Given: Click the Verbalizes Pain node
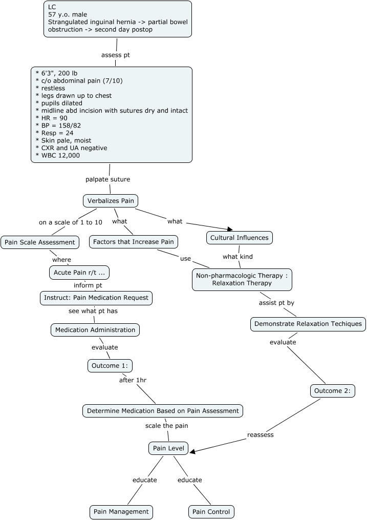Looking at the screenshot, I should (x=111, y=201).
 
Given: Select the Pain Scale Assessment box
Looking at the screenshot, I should (x=40, y=242).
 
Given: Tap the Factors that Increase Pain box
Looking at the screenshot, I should (x=134, y=242).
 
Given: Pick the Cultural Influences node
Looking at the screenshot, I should (x=239, y=238).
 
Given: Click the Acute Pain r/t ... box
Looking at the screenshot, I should (x=79, y=272).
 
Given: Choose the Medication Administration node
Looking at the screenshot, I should (x=95, y=330).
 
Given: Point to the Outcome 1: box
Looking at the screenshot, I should (x=110, y=366).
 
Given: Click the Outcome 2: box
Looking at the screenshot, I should (x=332, y=391).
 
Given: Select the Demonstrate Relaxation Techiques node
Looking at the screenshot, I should (x=308, y=324).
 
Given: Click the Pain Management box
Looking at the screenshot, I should (x=121, y=511).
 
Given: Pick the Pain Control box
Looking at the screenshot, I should (x=211, y=511).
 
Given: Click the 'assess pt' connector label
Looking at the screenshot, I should (x=116, y=55).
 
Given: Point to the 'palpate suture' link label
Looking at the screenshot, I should (x=107, y=179).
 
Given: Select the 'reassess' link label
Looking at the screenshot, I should (x=261, y=435).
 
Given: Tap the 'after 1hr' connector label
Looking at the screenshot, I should (x=133, y=380).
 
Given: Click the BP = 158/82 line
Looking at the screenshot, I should (x=59, y=126).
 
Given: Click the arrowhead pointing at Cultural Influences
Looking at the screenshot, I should (x=230, y=230).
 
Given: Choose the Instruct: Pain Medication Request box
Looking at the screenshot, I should (x=96, y=298).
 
